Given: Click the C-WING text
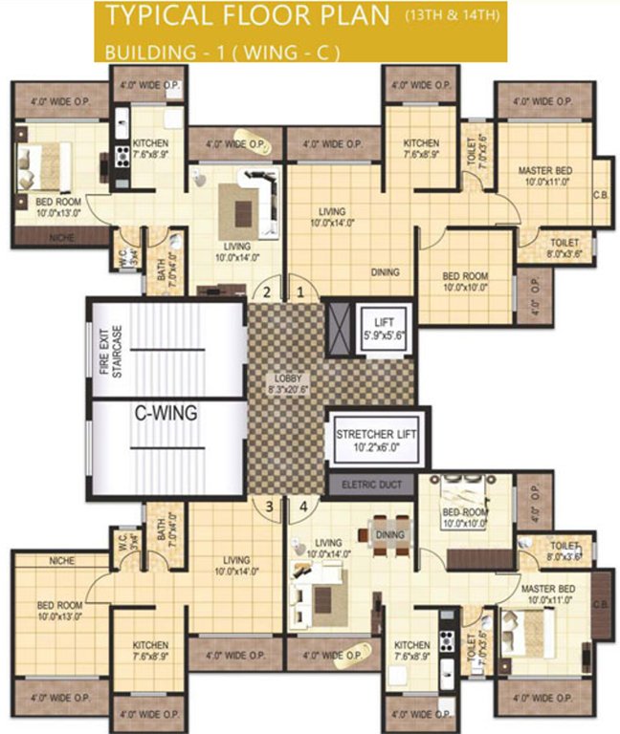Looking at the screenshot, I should (x=165, y=413).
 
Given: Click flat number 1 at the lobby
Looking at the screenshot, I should (x=300, y=291).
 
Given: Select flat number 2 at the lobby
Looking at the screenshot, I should (x=269, y=291).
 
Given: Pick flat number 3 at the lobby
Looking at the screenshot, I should (x=270, y=506).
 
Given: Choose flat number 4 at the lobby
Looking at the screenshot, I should (x=303, y=506).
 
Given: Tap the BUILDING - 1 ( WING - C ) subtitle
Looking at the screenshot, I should (x=222, y=51).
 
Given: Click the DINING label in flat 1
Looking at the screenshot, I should (x=386, y=272).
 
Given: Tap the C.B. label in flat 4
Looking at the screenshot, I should (x=601, y=604).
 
